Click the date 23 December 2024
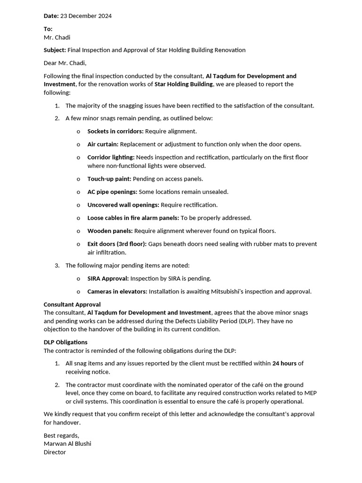86,16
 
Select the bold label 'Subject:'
55,50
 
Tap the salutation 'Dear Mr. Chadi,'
65,63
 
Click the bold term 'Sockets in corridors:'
115,132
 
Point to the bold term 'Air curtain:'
103,144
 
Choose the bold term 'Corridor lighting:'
111,158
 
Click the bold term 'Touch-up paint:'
109,179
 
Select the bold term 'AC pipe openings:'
112,192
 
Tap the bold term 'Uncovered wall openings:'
123,205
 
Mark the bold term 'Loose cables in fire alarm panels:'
133,218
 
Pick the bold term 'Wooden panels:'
110,231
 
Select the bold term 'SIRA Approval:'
108,279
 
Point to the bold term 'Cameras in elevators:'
117,292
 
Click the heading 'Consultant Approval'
72,305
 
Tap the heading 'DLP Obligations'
66,342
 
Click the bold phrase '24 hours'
284,364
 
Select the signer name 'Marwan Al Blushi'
67,444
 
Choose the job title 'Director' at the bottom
55,452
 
